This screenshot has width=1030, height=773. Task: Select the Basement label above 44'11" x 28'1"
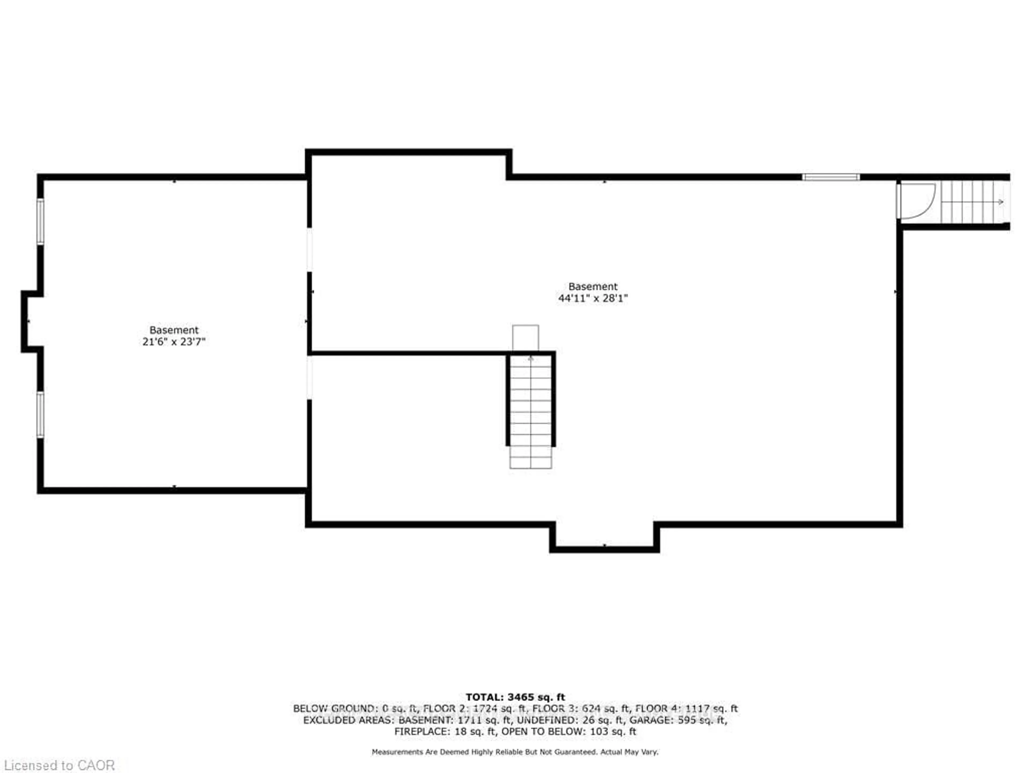(x=593, y=287)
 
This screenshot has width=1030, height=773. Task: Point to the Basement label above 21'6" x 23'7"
(x=174, y=330)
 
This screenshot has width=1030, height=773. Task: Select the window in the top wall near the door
(x=831, y=177)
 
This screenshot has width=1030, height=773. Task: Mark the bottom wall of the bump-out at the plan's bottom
(x=604, y=550)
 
